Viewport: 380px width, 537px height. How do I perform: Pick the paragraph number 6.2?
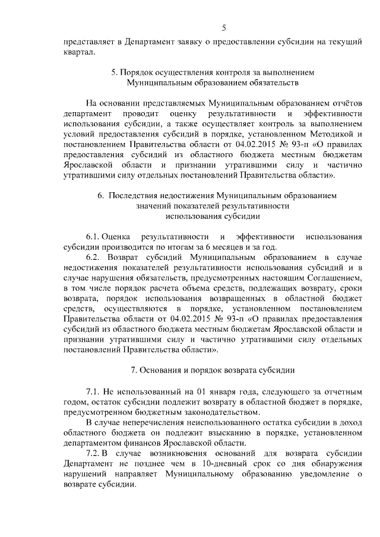tap(95, 258)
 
